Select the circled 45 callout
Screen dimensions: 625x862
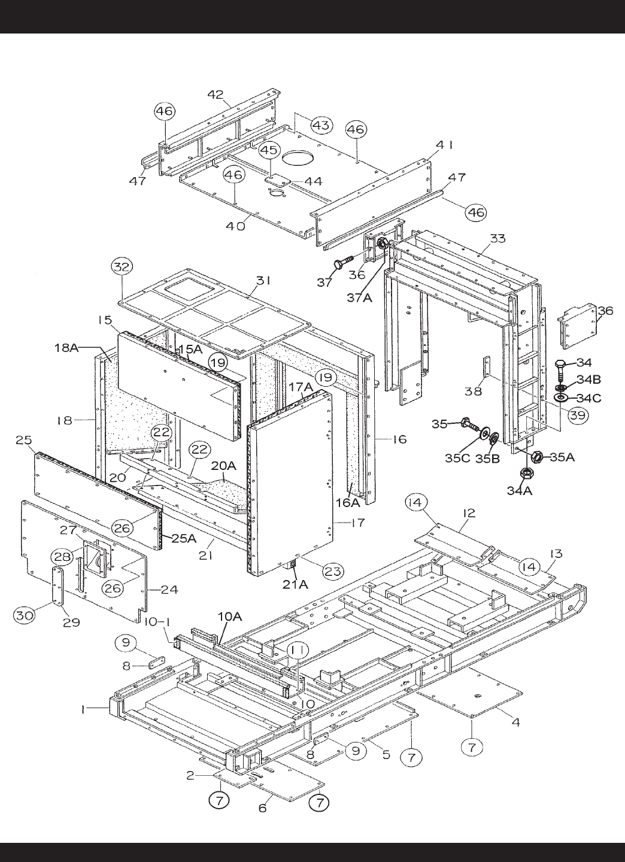click(x=270, y=150)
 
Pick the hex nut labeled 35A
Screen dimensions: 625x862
click(x=537, y=457)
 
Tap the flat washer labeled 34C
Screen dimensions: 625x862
click(x=560, y=396)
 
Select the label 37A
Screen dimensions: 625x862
click(x=360, y=298)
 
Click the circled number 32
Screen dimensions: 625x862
click(x=122, y=267)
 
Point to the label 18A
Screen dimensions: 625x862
click(x=66, y=347)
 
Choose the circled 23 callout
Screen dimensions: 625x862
click(x=333, y=571)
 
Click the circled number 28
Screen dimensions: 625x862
click(x=63, y=557)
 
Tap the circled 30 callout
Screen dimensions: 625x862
click(x=25, y=615)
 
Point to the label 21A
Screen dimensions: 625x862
click(x=295, y=584)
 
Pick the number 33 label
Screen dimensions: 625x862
click(x=497, y=239)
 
